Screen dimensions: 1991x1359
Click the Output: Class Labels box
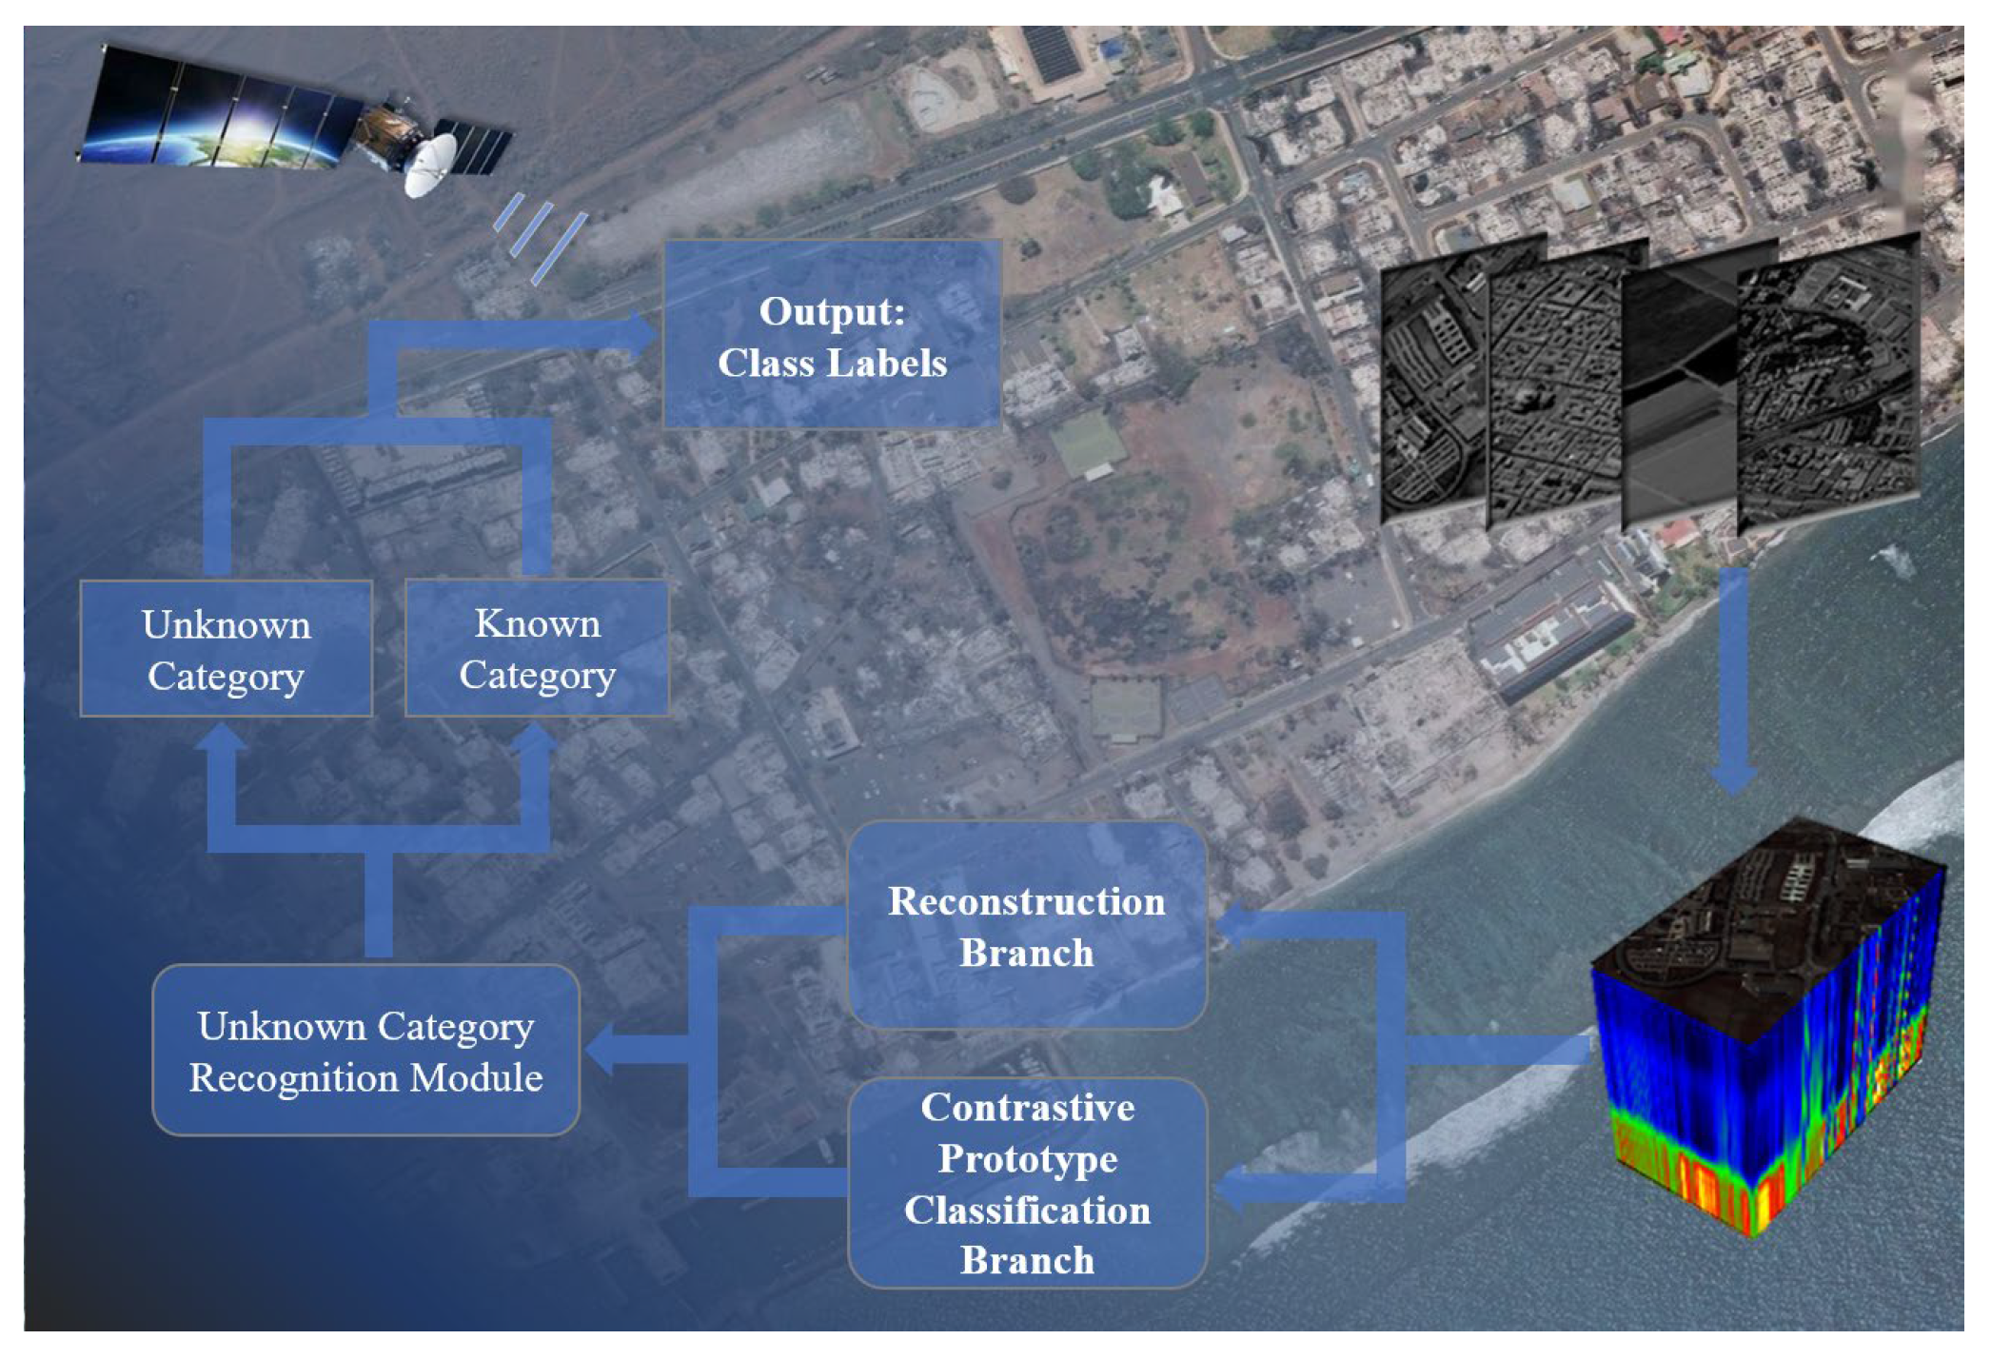pyautogui.click(x=832, y=335)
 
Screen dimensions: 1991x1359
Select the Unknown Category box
pyautogui.click(x=226, y=649)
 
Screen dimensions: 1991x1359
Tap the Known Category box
pyautogui.click(x=537, y=649)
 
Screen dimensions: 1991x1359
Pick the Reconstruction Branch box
pyautogui.click(x=1027, y=926)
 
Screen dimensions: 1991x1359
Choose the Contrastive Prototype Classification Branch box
pyautogui.click(x=1027, y=1183)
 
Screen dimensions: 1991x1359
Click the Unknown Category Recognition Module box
pyautogui.click(x=365, y=1051)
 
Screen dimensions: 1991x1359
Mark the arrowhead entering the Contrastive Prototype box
pyautogui.click(x=1229, y=1189)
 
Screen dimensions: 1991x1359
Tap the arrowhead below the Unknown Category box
pyautogui.click(x=222, y=739)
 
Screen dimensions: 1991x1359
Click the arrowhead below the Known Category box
pyautogui.click(x=535, y=739)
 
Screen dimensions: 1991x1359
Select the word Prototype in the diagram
pyautogui.click(x=1028, y=1159)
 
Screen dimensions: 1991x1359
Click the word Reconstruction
pyautogui.click(x=1027, y=901)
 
